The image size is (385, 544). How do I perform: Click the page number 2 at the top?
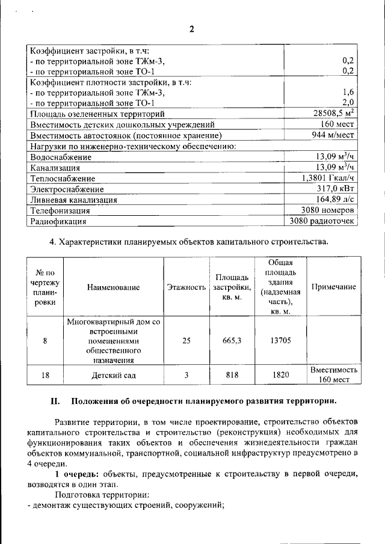[x=192, y=29]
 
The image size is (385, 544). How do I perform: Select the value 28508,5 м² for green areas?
[x=330, y=113]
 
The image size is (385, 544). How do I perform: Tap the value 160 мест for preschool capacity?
[x=337, y=124]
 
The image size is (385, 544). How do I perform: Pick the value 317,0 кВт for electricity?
[x=335, y=189]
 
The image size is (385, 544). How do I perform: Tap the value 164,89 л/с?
[x=335, y=200]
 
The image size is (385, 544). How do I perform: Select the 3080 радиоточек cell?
[x=322, y=221]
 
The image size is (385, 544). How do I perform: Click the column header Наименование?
[x=113, y=287]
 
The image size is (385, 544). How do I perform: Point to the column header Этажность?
[x=186, y=287]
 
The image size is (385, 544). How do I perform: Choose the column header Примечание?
[x=333, y=287]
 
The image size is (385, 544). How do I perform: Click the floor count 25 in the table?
[x=186, y=341]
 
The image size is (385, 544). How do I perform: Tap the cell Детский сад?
[x=113, y=375]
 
